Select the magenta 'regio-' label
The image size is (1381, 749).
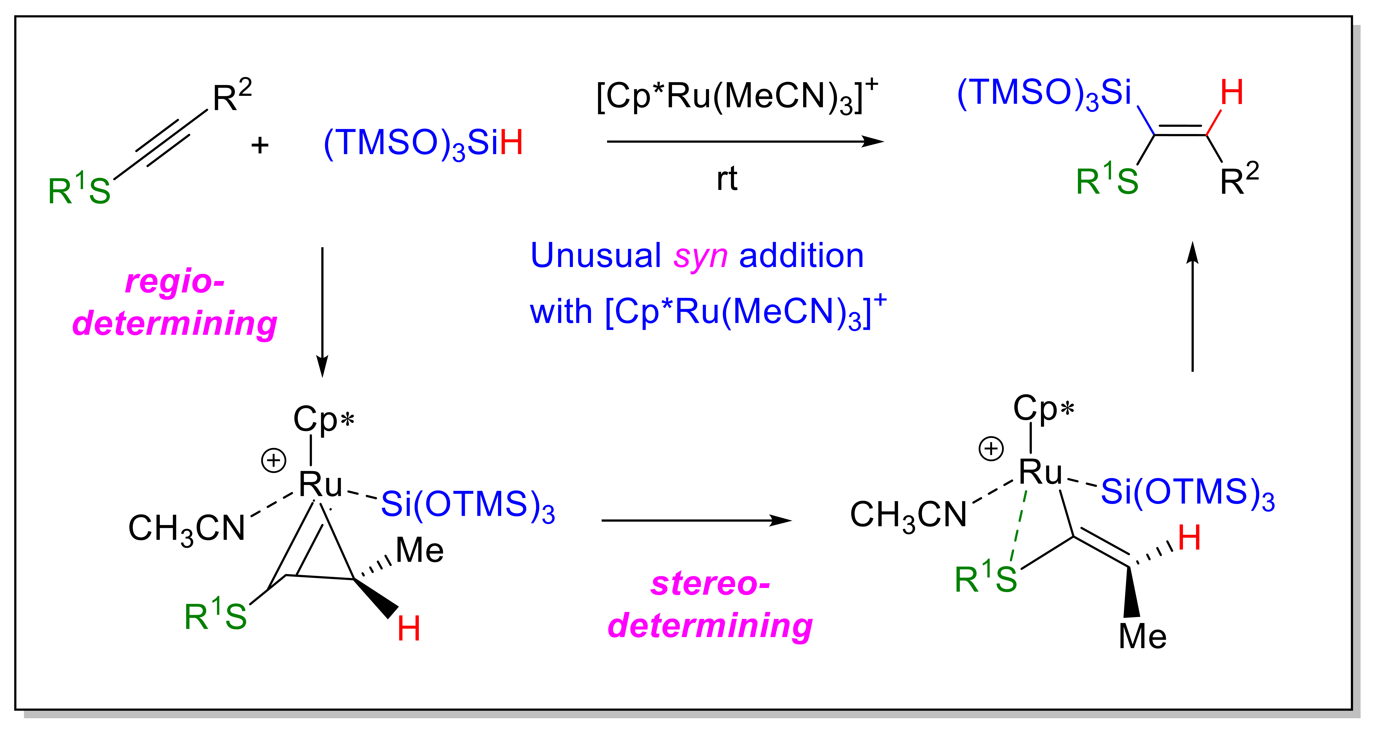[x=175, y=282]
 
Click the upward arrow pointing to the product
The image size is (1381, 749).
[x=1192, y=306]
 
